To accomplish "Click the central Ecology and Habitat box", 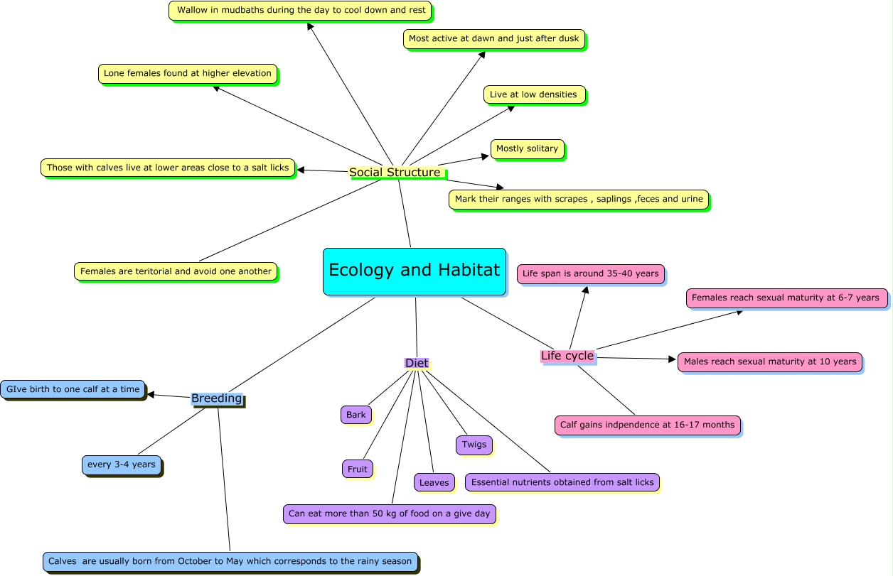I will click(415, 271).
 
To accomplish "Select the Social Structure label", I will click(395, 173).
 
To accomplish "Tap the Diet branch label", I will click(417, 363).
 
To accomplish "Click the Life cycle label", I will click(567, 356).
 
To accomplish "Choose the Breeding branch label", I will click(217, 398).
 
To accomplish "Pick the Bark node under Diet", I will click(356, 415).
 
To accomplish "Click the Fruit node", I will click(358, 469).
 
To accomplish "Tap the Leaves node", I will click(434, 482).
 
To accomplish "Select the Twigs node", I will click(474, 445).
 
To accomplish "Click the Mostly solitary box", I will click(527, 149).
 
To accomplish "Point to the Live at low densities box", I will click(534, 94).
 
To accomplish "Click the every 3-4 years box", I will click(121, 465).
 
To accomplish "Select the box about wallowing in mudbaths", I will click(300, 11).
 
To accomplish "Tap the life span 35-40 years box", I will click(591, 273).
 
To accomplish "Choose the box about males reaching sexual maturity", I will click(770, 362).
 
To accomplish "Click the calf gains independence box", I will click(648, 425).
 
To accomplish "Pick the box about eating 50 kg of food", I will click(390, 513).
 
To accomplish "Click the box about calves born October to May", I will click(230, 561).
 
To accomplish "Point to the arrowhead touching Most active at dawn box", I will click(482, 54).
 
